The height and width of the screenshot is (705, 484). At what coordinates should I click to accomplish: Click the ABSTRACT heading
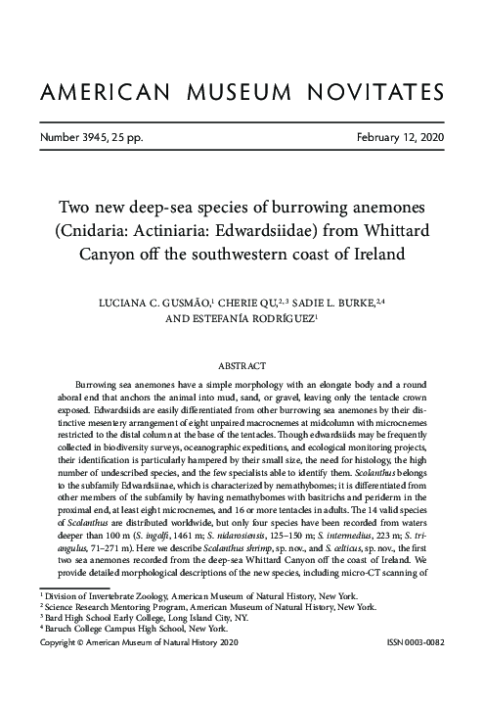coord(242,365)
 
